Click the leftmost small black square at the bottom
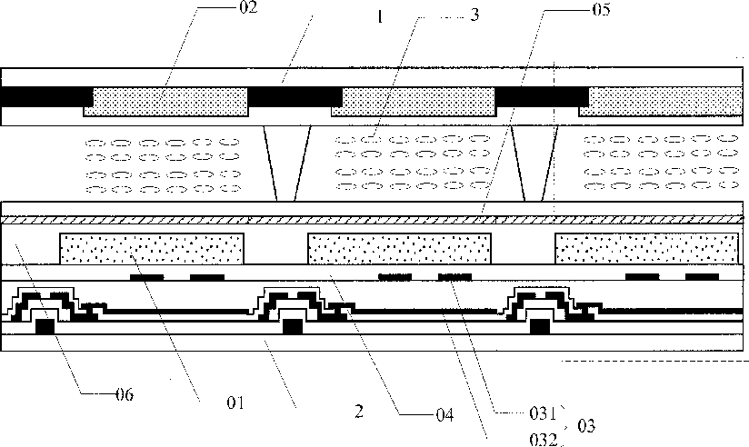tap(43, 325)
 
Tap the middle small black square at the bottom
tap(291, 325)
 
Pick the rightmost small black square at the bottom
tap(539, 325)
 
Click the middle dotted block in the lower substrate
tap(400, 248)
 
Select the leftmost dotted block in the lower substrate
tap(151, 248)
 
